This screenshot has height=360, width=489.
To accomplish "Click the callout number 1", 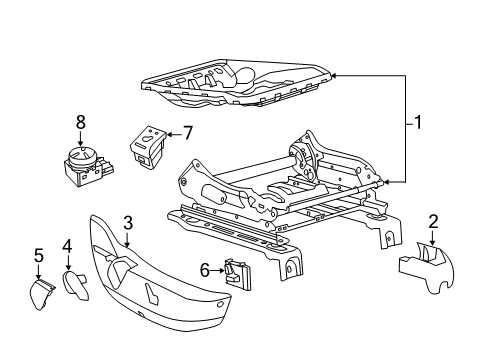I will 418,124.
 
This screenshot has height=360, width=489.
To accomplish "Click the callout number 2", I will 433,221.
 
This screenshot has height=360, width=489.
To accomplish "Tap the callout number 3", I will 128,222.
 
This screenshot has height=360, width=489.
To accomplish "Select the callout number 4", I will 67,245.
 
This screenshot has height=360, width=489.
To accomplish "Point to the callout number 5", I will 38,256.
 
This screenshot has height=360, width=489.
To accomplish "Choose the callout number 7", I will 187,132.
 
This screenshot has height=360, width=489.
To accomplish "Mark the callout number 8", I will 81,122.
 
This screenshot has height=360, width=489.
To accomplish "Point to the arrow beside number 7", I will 172,132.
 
